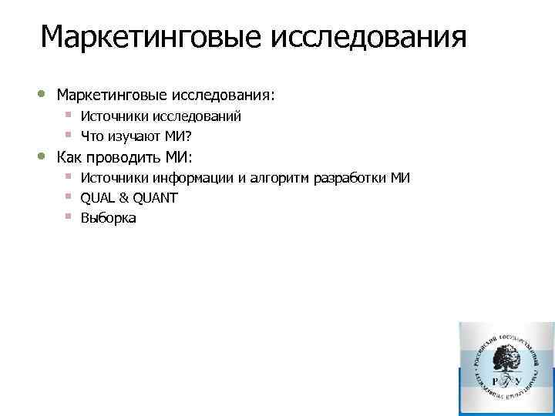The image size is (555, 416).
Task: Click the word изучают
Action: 133,137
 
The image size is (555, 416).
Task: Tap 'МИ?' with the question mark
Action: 177,137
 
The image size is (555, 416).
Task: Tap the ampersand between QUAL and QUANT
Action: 124,199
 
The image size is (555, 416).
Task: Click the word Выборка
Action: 108,219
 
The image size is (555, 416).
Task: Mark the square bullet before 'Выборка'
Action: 69,217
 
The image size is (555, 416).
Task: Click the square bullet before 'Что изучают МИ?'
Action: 69,136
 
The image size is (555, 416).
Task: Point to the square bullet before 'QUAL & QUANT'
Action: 69,197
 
